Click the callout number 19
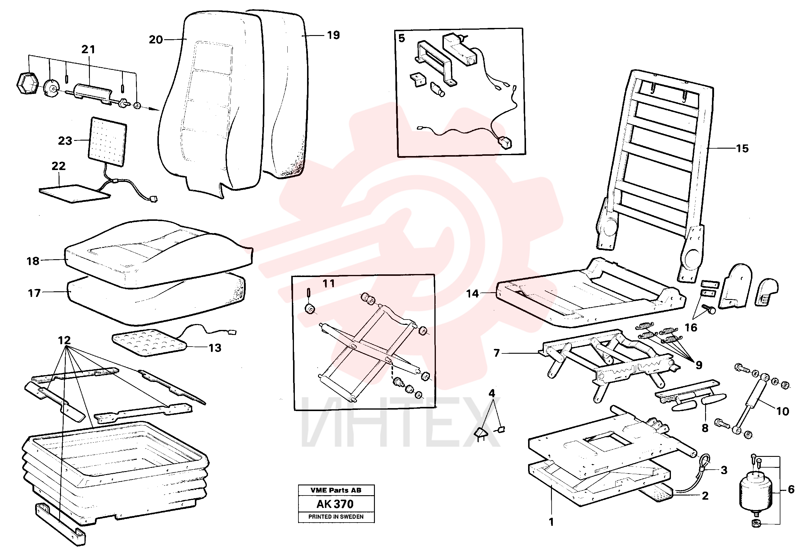pyautogui.click(x=334, y=35)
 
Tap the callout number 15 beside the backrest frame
pyautogui.click(x=743, y=149)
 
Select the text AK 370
pyautogui.click(x=335, y=504)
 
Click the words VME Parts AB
pyautogui.click(x=336, y=490)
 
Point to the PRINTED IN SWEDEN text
pyautogui.click(x=336, y=517)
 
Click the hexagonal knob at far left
pyautogui.click(x=28, y=83)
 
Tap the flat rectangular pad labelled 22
pyautogui.click(x=74, y=194)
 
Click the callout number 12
pyautogui.click(x=64, y=340)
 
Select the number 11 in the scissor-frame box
pyautogui.click(x=328, y=284)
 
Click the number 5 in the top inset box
pyautogui.click(x=402, y=38)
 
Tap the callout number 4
pyautogui.click(x=492, y=393)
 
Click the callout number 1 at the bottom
pyautogui.click(x=552, y=522)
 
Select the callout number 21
pyautogui.click(x=88, y=49)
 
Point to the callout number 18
pyautogui.click(x=33, y=261)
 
